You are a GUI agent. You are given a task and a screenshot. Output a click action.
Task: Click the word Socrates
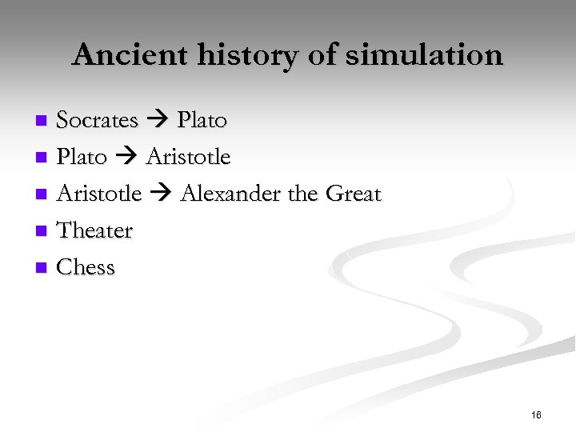[x=97, y=120]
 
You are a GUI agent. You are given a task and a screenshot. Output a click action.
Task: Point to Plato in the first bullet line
[x=202, y=120]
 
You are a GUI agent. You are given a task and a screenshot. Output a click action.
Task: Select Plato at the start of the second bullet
[x=82, y=157]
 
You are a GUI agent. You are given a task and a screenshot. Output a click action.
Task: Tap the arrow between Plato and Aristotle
[x=126, y=158]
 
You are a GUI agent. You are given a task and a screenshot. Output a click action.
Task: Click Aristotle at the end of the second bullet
[x=188, y=157]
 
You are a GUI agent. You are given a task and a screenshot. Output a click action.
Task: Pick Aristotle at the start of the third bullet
[x=99, y=194]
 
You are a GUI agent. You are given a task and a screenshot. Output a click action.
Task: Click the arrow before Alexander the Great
[x=162, y=194]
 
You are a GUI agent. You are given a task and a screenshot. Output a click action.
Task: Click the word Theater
[x=94, y=230]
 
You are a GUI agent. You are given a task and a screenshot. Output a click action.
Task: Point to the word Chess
[x=86, y=267]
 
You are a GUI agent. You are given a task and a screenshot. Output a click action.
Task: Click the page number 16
[x=536, y=414]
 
